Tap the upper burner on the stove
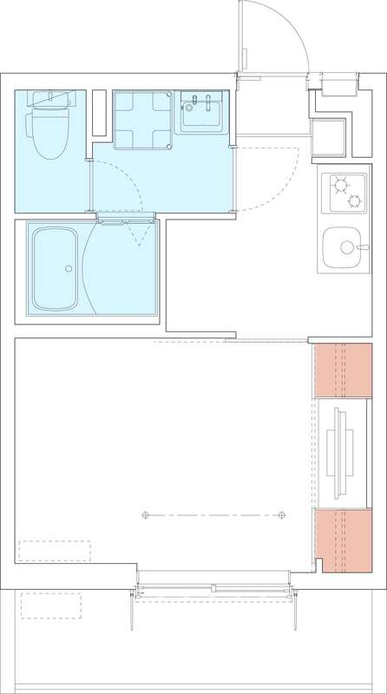tap(338, 183)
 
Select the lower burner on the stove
tap(354, 201)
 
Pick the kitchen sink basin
tap(342, 248)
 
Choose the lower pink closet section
tap(343, 541)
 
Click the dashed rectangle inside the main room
tap(55, 552)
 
